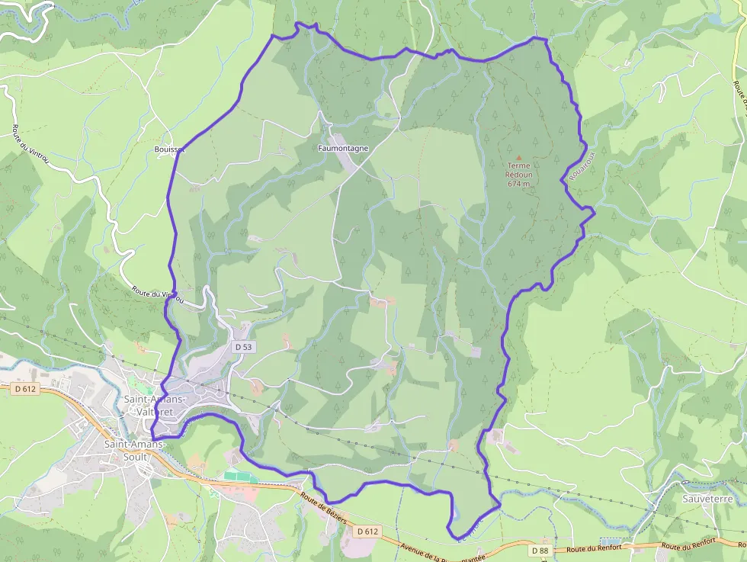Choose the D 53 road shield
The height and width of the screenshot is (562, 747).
point(243,347)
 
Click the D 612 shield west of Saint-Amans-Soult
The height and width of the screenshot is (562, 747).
point(26,389)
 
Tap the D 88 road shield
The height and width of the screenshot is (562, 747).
point(540,550)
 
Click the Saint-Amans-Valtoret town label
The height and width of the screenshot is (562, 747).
point(154,406)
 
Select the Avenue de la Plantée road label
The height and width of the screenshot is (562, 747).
point(442,548)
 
